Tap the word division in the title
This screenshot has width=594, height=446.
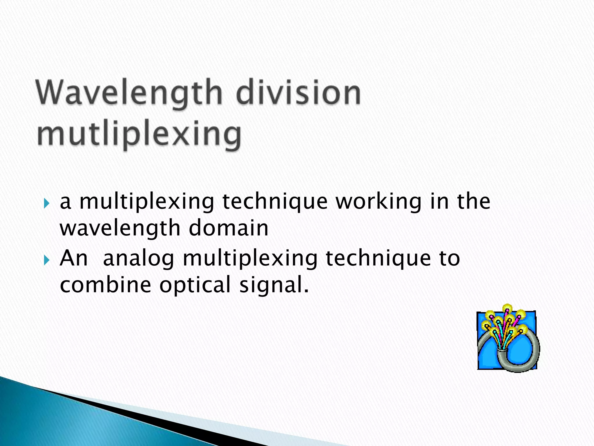click(x=298, y=92)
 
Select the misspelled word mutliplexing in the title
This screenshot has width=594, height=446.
click(x=139, y=134)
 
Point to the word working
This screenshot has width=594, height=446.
click(x=379, y=202)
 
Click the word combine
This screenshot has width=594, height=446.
click(x=106, y=285)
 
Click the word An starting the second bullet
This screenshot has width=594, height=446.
click(x=73, y=258)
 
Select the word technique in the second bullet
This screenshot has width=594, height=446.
click(x=378, y=258)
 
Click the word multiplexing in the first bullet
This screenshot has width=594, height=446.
click(x=147, y=202)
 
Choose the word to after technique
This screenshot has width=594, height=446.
click(x=449, y=258)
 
